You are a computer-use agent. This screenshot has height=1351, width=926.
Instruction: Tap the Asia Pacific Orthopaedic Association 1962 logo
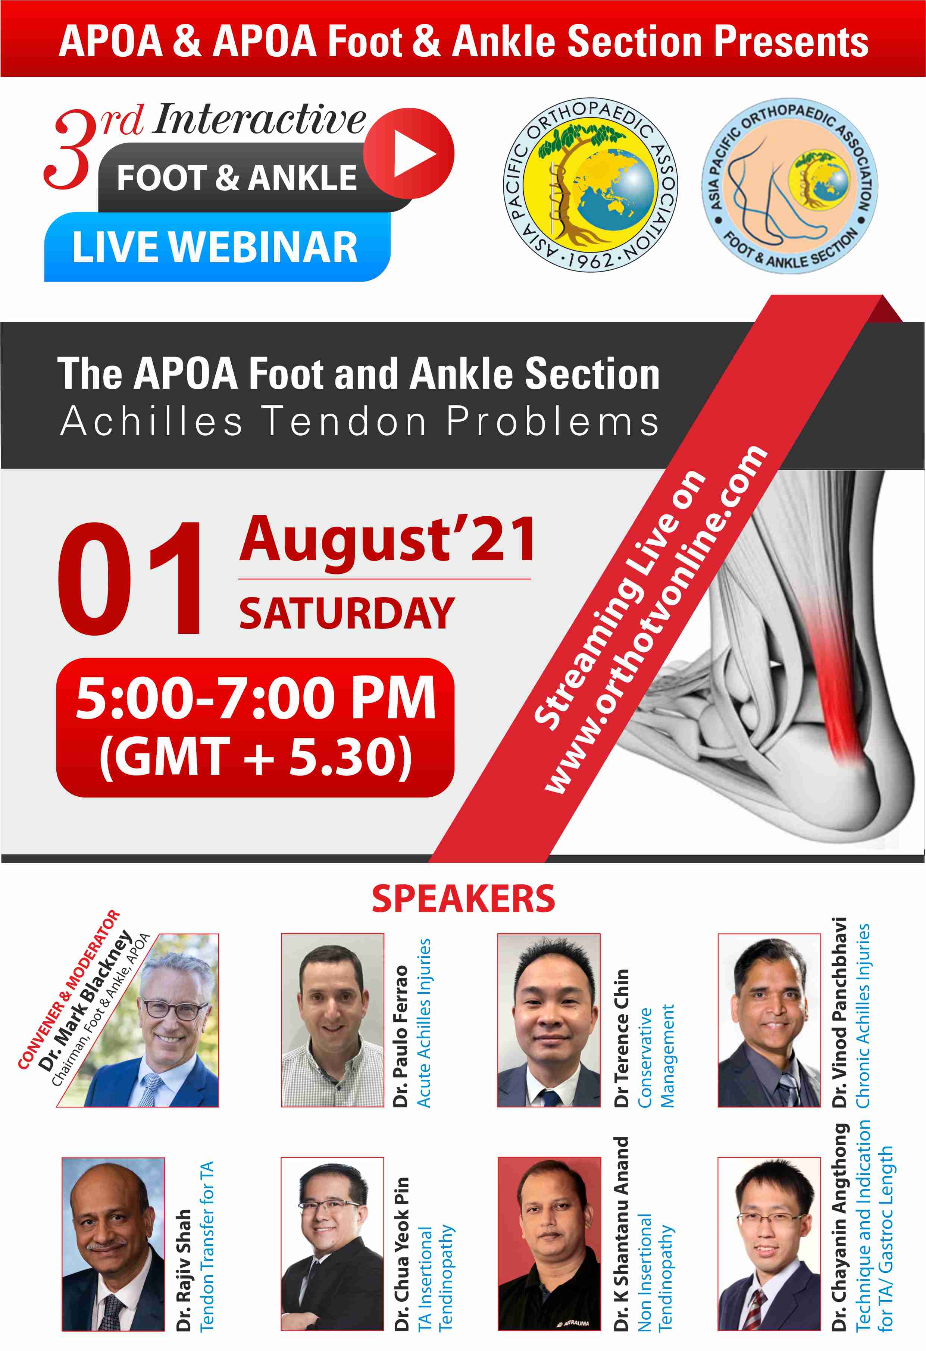tap(590, 184)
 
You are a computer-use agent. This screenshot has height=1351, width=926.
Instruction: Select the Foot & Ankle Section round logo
tap(789, 185)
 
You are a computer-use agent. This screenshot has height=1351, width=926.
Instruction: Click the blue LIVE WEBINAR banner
tap(217, 247)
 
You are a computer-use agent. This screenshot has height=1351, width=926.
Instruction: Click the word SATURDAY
tap(347, 613)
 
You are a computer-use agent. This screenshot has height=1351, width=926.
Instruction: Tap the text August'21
tap(387, 540)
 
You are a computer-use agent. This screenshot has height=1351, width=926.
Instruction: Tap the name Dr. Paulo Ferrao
tap(401, 1036)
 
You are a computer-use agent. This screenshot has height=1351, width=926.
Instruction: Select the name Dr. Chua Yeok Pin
tap(402, 1254)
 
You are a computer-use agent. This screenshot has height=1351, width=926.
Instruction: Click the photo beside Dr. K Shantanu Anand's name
tap(549, 1244)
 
